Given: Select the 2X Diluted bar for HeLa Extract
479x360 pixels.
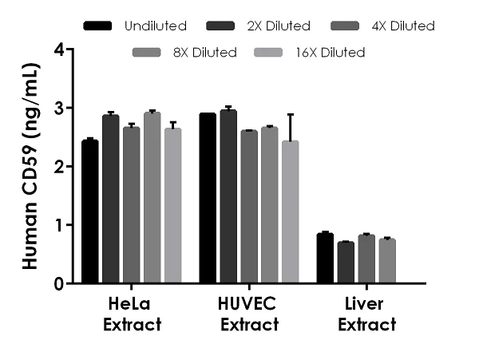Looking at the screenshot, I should [111, 200].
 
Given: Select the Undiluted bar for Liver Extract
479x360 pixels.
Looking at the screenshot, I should [325, 259].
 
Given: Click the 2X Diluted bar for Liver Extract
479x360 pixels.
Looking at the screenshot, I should [346, 263].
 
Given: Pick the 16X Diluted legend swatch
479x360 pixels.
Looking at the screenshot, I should [269, 53].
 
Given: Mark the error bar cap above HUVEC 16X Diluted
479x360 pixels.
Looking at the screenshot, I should [291, 114].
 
